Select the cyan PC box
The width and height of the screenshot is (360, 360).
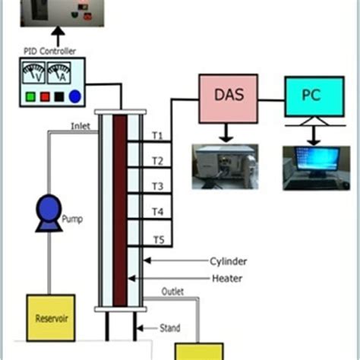pos(311,96)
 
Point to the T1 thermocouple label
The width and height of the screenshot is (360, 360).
pos(157,135)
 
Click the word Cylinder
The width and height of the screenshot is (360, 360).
pos(228,261)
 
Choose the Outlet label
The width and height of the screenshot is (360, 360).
pos(173,291)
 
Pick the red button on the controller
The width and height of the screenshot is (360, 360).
pos(43,96)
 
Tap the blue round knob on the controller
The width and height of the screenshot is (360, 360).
pos(74,96)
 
